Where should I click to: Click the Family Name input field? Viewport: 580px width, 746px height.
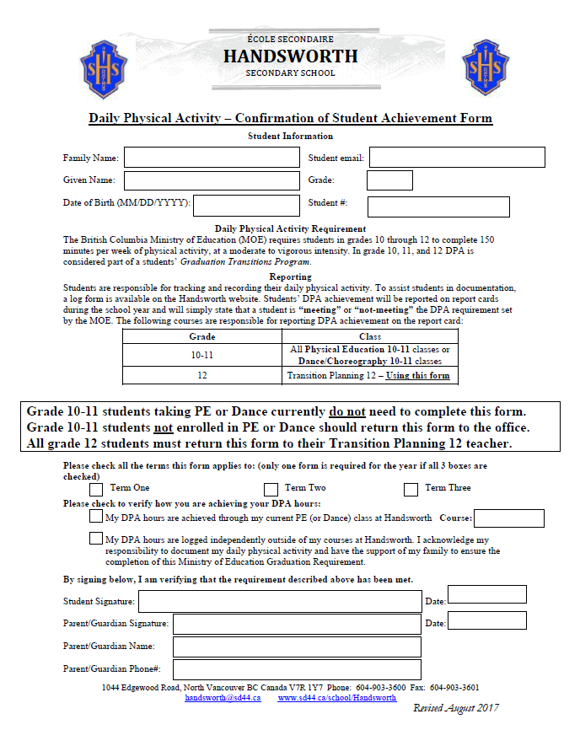[212, 158]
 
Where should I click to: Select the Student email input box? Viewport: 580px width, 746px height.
[457, 158]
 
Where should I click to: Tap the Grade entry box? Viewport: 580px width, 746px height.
[389, 180]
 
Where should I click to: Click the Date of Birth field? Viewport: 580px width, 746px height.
[247, 206]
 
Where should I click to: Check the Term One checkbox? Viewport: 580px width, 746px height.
[96, 489]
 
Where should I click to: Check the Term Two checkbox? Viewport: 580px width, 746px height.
[271, 489]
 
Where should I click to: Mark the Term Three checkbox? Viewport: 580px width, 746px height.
[411, 489]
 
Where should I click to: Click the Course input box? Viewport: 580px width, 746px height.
[509, 518]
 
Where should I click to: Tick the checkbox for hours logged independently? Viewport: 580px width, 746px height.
[96, 539]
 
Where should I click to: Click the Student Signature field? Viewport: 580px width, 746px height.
[280, 601]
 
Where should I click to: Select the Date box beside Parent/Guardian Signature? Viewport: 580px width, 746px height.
[487, 620]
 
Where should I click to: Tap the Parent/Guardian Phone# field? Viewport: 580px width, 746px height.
[297, 669]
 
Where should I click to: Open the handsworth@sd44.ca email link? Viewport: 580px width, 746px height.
[223, 698]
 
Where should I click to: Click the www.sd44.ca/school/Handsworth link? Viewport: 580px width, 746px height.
[336, 698]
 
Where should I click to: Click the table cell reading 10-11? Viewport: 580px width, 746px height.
[201, 355]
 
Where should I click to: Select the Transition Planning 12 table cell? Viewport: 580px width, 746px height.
[368, 375]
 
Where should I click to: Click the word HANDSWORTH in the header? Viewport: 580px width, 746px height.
[290, 56]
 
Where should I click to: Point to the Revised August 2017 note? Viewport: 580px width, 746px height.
[455, 708]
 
